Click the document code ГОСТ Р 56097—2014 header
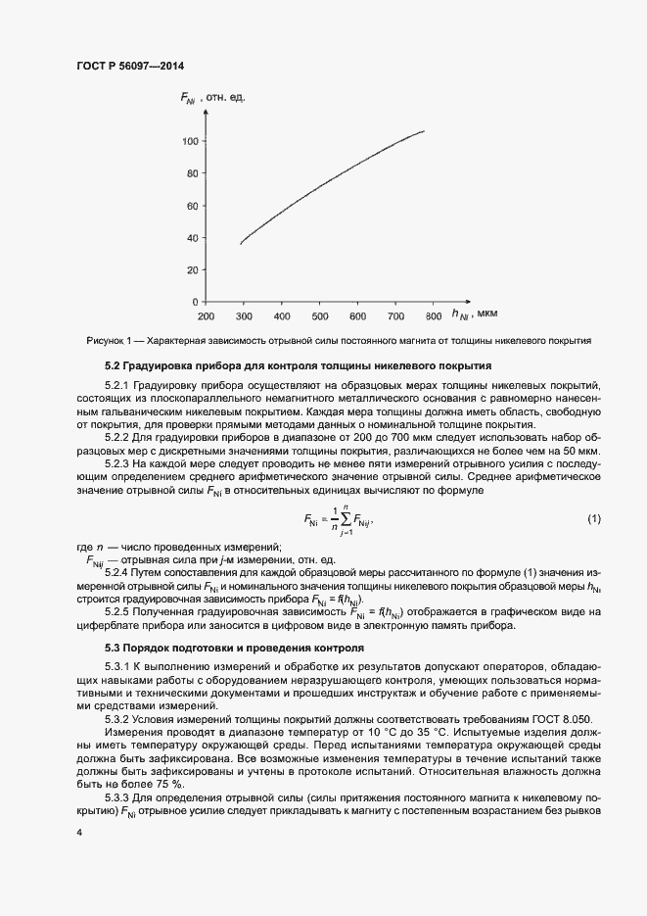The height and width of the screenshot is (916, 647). point(129,67)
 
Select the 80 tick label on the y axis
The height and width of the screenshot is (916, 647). point(191,173)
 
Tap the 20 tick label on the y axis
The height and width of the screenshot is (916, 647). point(191,269)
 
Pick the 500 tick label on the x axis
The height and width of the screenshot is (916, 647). point(319,316)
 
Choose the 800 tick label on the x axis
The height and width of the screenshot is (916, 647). point(433,316)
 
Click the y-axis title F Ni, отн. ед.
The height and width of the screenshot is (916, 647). point(211,96)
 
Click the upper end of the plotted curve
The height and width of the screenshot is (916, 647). point(424,130)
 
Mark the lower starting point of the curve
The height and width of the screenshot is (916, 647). point(241,243)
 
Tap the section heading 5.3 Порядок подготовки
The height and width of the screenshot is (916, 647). point(220,648)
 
